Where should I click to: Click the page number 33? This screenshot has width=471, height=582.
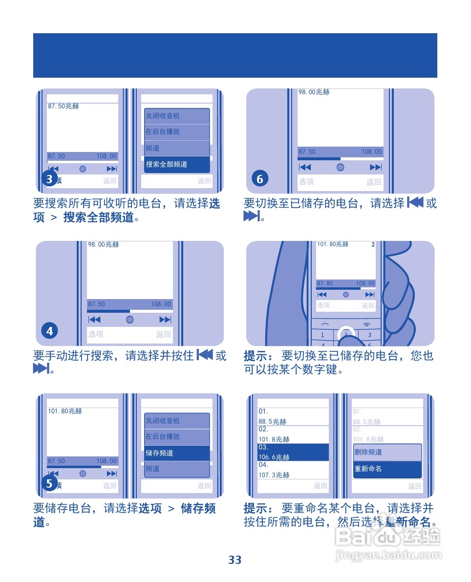235,560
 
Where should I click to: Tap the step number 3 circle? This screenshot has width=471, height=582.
49,179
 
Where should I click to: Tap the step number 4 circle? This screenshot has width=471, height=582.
49,331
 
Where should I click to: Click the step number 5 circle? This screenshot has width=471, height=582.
49,484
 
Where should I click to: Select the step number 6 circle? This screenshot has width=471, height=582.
260,179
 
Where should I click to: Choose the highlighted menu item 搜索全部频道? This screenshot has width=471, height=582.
177,165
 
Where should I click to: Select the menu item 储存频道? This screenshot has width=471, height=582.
177,453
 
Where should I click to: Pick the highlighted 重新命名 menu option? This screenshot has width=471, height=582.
387,469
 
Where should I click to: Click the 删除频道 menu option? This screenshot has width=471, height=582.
387,453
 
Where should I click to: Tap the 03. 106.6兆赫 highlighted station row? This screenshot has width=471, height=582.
293,453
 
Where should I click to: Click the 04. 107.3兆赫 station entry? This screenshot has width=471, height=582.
293,470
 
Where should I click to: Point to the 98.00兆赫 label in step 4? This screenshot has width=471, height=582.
104,244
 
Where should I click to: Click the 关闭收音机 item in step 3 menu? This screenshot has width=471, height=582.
177,116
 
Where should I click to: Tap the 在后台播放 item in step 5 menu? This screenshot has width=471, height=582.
177,436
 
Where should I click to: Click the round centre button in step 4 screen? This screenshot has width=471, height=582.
129,320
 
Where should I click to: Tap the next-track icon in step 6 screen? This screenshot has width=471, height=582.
375,167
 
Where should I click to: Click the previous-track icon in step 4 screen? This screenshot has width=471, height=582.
94,320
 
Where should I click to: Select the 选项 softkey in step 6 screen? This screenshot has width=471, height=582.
306,182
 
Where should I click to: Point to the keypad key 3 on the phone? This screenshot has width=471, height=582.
370,335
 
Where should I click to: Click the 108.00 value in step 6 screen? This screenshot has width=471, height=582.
371,152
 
